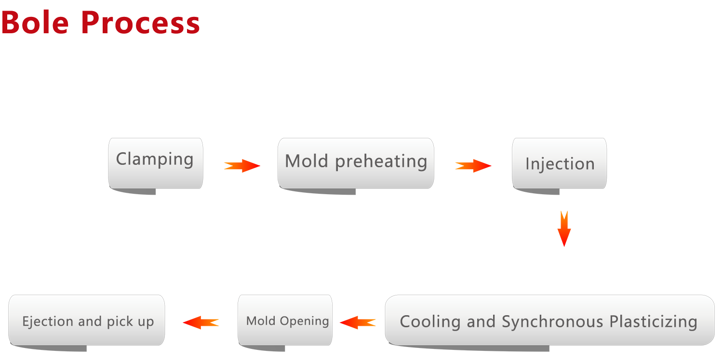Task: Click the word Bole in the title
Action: (x=35, y=23)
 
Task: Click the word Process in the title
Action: (x=140, y=23)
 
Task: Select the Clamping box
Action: (x=156, y=163)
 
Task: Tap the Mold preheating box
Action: (x=356, y=163)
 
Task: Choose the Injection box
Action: (x=559, y=163)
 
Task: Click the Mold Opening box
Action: (x=285, y=320)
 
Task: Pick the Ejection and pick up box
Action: (x=86, y=320)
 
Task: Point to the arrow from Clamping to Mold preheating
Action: (x=242, y=166)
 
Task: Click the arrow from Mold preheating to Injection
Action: (x=473, y=166)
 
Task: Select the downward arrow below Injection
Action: (x=564, y=229)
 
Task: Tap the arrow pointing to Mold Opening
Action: (x=358, y=322)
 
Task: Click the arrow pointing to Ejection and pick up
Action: (x=201, y=322)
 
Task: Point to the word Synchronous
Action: (x=552, y=321)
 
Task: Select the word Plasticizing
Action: (x=653, y=321)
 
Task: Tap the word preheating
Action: (x=381, y=161)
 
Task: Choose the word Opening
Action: (x=304, y=321)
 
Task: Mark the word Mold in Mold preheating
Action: (x=307, y=160)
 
